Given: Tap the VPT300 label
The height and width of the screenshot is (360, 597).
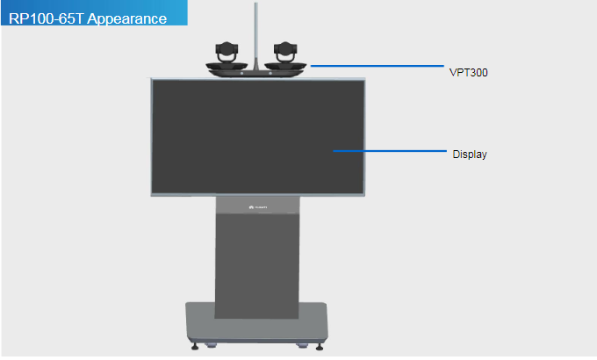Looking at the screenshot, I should pyautogui.click(x=463, y=74).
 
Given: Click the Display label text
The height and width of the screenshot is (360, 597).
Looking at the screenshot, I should pyautogui.click(x=470, y=155).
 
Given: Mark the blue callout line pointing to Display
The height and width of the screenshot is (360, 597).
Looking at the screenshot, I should pyautogui.click(x=391, y=151).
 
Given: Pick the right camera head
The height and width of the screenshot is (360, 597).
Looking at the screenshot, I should pyautogui.click(x=286, y=51).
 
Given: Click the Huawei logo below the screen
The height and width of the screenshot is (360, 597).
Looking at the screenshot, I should pyautogui.click(x=257, y=208).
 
